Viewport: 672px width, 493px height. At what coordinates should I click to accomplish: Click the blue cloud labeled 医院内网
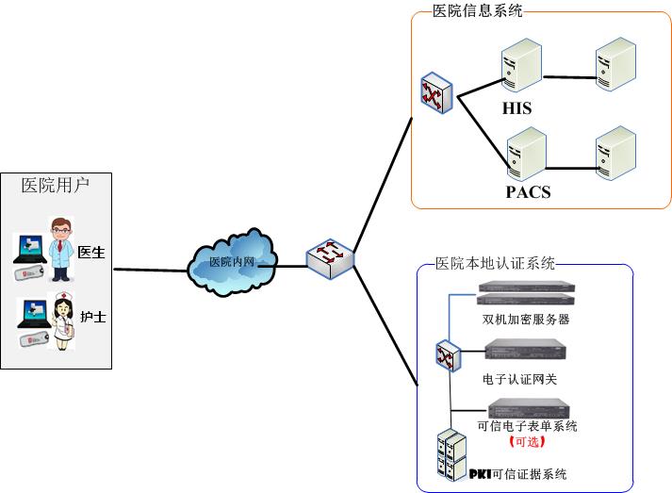[231, 262]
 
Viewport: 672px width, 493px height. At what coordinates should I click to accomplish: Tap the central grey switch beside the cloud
[330, 256]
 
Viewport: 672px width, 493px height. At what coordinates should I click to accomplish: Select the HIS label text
[516, 108]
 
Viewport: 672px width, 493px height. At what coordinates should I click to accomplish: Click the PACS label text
[528, 192]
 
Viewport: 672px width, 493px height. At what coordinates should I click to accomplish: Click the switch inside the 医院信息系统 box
[436, 92]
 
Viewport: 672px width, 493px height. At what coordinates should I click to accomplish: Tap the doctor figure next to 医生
[62, 248]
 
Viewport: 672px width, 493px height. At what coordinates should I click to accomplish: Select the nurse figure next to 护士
[62, 320]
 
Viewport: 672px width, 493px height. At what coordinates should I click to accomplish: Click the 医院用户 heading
[56, 185]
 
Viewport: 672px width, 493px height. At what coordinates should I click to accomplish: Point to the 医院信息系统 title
[477, 11]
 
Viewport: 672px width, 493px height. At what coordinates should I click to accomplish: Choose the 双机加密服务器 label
[525, 320]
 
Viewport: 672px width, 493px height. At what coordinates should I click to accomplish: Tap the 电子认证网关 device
[526, 352]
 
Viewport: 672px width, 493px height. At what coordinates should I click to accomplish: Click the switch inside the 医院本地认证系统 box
[445, 355]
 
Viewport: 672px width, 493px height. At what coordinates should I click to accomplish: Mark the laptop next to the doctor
[28, 246]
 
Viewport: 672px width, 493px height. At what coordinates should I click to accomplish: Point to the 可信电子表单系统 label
[528, 426]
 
